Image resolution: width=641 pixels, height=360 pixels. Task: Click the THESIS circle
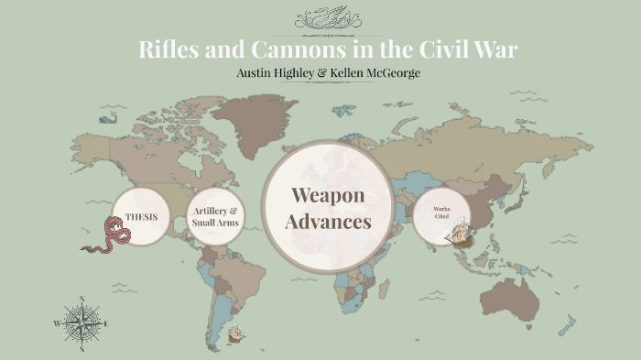click(140, 217)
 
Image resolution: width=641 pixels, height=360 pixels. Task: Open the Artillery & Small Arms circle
click(215, 218)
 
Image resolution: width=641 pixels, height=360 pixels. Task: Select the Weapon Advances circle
click(327, 208)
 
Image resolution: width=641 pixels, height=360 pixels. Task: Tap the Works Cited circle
click(440, 215)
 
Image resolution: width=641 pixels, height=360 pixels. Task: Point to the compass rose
click(81, 323)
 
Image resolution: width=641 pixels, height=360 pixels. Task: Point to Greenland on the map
click(251, 115)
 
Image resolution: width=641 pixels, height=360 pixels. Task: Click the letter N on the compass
click(81, 300)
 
